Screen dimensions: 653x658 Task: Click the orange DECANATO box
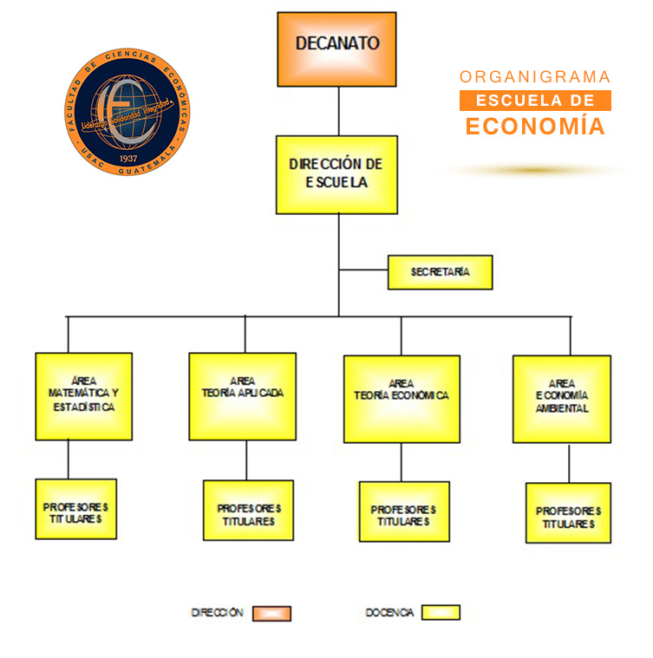336,49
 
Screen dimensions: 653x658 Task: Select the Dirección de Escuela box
336,174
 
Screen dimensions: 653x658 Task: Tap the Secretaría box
441,272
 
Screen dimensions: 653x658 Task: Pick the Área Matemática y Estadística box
84,396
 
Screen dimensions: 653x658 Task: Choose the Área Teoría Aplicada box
243,396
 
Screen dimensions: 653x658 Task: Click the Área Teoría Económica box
402,399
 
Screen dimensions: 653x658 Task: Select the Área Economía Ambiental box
562,399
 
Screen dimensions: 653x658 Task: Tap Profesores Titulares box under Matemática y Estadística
76,509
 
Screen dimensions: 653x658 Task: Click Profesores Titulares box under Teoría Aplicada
248,511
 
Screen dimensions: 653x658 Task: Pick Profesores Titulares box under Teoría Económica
404,511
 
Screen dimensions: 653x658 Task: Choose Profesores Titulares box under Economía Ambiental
569,513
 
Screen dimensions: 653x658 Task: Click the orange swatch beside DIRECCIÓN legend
271,613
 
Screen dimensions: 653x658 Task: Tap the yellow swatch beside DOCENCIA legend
441,612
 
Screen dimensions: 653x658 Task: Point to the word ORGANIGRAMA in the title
535,77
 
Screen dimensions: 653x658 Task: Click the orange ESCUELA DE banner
535,101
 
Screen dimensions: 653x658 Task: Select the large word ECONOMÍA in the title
535,126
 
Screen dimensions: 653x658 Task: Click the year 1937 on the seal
128,158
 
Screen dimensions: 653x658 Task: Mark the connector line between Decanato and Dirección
339,111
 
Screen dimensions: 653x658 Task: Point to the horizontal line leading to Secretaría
363,270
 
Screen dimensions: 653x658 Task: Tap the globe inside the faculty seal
127,112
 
